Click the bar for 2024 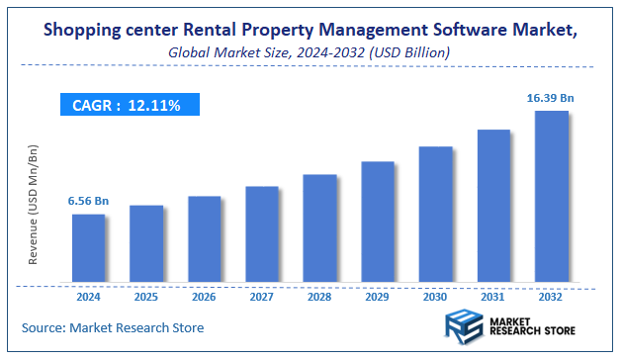pyautogui.click(x=88, y=247)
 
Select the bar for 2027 pyautogui.click(x=262, y=233)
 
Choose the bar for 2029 pyautogui.click(x=378, y=222)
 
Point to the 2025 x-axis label pyautogui.click(x=146, y=296)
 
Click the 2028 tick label pyautogui.click(x=319, y=296)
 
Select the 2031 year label pyautogui.click(x=493, y=296)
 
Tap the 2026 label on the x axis pyautogui.click(x=204, y=296)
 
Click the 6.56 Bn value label pyautogui.click(x=87, y=201)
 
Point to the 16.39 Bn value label pyautogui.click(x=549, y=97)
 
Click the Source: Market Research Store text pyautogui.click(x=113, y=327)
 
